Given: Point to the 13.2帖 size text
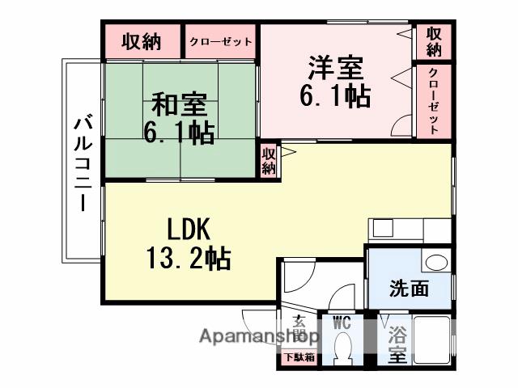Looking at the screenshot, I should pos(189,258).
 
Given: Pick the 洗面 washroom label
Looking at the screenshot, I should pos(409,289).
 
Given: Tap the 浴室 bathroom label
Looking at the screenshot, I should pos(397,344).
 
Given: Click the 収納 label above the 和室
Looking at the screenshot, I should pos(141,42).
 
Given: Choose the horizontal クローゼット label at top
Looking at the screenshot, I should pos(220,42).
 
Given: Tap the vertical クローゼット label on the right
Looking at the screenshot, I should pos(434,100).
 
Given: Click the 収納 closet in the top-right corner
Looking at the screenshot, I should pos(434,42).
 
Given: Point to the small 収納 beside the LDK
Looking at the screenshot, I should pos(268,160).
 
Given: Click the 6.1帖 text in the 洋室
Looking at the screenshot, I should pos(335,95).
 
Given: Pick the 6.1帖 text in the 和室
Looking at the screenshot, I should pos(179,131).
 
